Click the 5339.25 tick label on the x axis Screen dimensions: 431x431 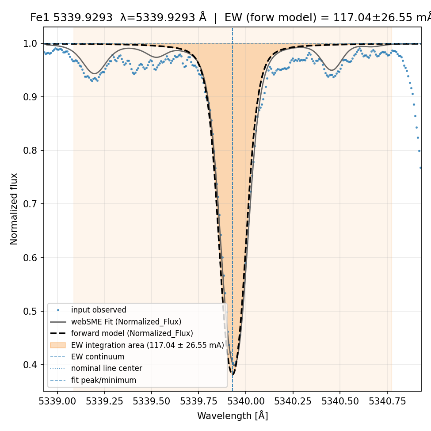(104, 401)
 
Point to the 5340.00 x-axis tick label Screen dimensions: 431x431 (246, 401)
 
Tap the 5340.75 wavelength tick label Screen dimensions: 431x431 (387, 401)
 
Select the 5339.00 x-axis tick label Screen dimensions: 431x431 (57, 401)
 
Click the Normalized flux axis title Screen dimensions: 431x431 (13, 209)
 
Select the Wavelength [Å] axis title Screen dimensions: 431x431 (233, 416)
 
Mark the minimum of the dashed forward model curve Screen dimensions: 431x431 (233, 374)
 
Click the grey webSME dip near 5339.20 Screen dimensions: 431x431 (95, 73)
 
